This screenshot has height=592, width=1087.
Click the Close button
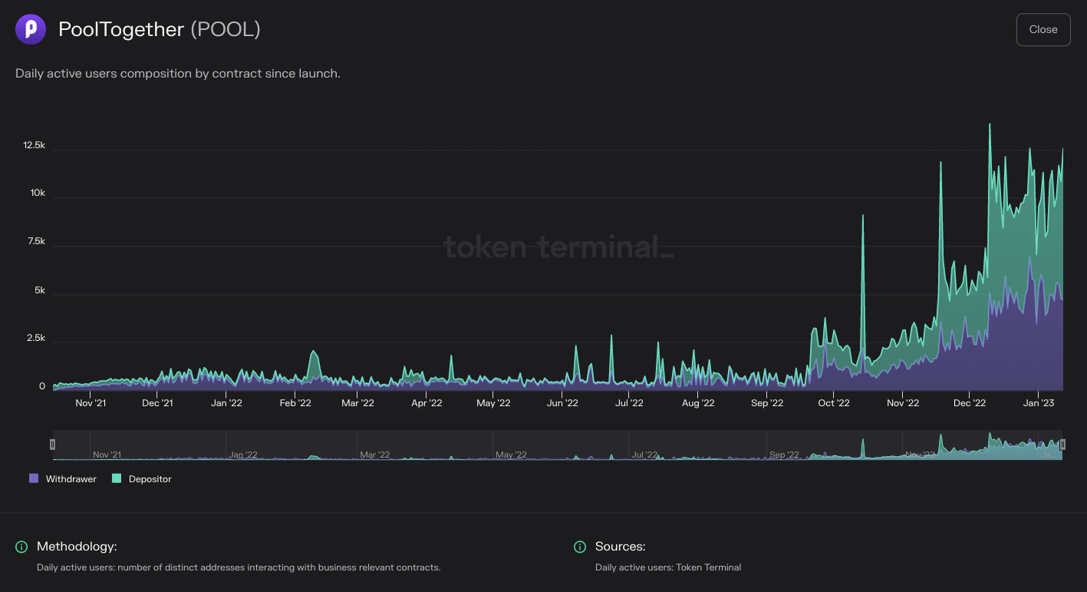click(1043, 30)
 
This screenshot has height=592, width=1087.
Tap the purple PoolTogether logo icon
click(31, 29)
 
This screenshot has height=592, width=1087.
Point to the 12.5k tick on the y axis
click(34, 145)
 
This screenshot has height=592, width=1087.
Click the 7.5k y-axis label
click(35, 241)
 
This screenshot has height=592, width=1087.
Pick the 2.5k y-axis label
click(35, 339)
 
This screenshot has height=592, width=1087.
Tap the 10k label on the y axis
click(38, 193)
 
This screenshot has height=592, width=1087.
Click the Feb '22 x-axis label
click(295, 403)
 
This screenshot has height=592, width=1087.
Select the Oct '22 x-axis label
click(834, 403)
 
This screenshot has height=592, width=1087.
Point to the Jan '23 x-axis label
click(1039, 403)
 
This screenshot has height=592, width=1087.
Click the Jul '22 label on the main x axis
click(629, 403)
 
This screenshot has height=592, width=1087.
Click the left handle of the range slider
click(52, 444)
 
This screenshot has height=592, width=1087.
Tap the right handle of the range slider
click(1062, 444)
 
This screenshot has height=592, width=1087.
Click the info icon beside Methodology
click(21, 547)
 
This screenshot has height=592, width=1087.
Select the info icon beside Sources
click(580, 547)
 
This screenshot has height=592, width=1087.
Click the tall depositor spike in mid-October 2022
click(863, 218)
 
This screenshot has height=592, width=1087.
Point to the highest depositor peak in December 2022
click(990, 125)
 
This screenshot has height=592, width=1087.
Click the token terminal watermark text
click(558, 247)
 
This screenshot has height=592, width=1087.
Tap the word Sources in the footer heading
click(620, 547)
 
